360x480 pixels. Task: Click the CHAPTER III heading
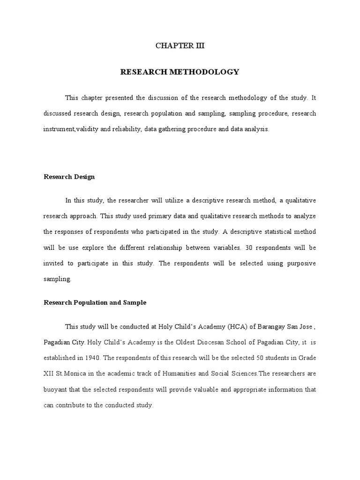pyautogui.click(x=180, y=46)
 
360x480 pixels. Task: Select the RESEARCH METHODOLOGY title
pyautogui.click(x=180, y=72)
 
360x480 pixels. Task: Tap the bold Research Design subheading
pyautogui.click(x=69, y=177)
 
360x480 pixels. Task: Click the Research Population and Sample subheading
pyautogui.click(x=95, y=302)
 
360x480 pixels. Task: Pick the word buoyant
pyautogui.click(x=55, y=390)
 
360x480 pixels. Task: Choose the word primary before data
pyautogui.click(x=141, y=216)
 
